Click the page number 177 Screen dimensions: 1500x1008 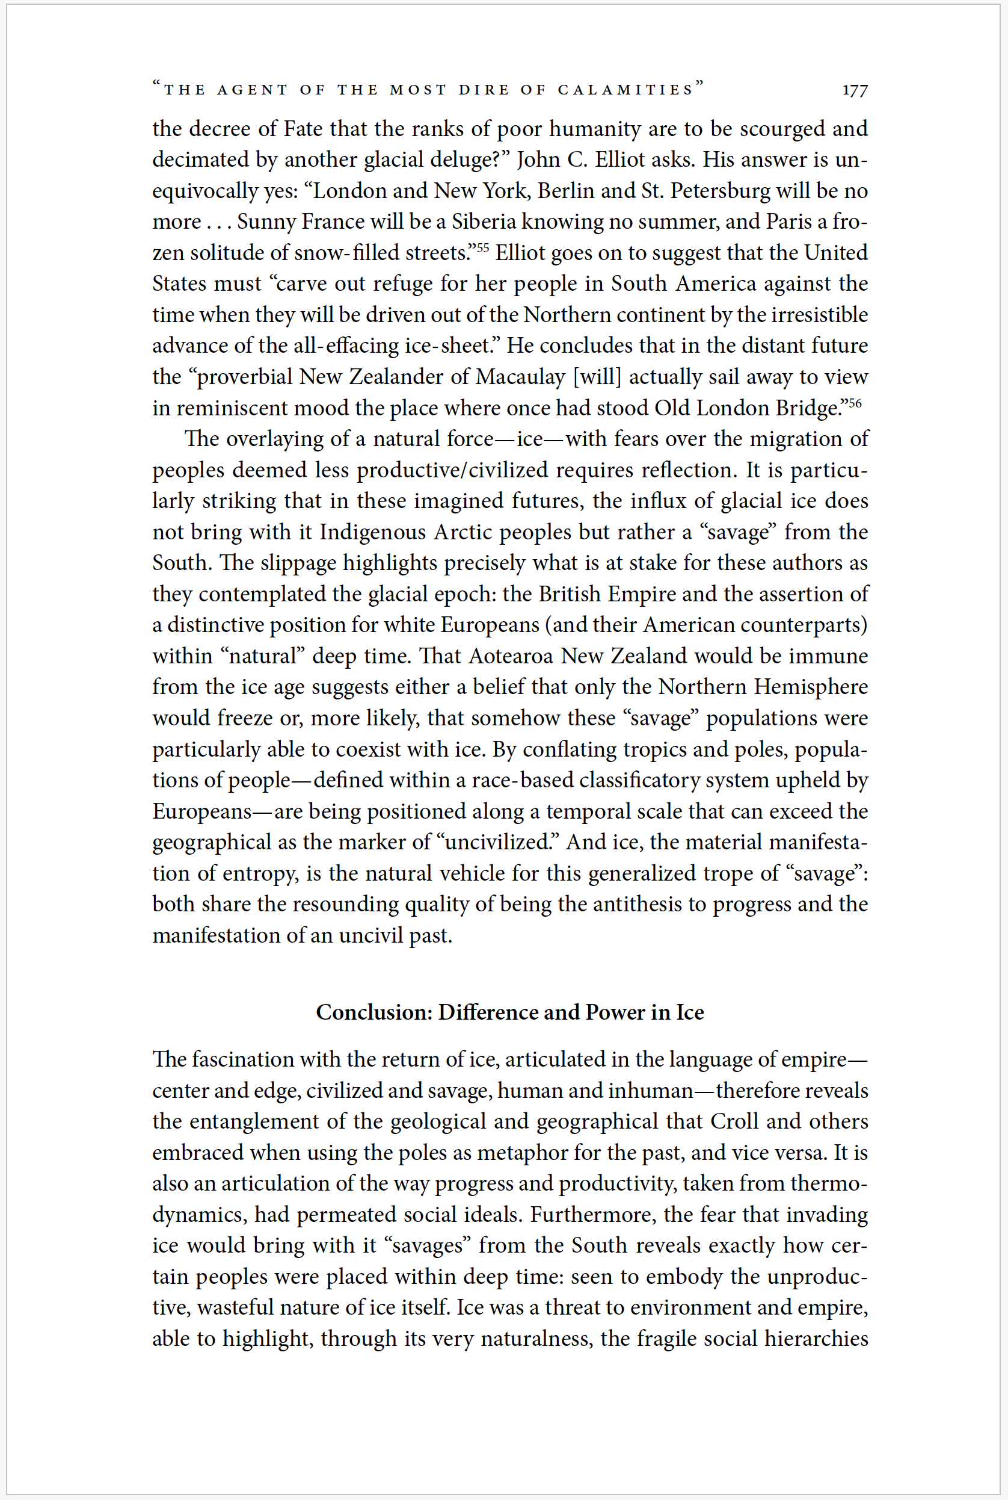click(x=855, y=90)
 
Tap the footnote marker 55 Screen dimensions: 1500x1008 click(x=482, y=246)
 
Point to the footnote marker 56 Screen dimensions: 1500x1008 click(x=855, y=403)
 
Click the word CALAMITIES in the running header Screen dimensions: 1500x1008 click(x=625, y=90)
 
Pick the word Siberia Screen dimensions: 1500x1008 click(x=484, y=222)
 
